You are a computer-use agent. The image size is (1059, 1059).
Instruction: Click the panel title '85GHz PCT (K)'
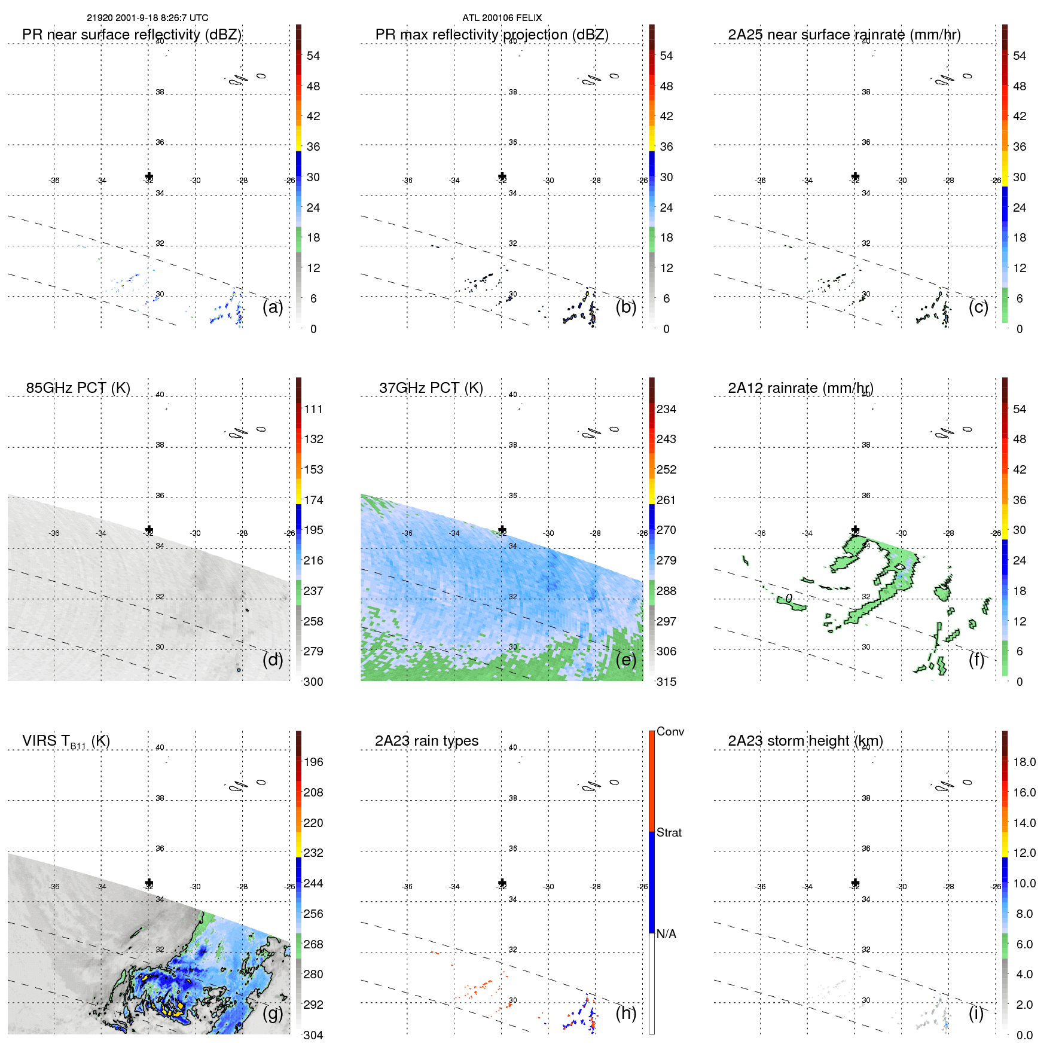pos(78,387)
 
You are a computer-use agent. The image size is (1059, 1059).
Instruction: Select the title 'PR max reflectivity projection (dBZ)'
pos(492,35)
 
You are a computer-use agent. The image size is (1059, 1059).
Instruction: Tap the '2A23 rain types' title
pos(426,741)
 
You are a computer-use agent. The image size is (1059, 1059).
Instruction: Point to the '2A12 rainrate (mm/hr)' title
pos(800,387)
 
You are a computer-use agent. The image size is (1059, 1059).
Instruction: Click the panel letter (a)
pos(273,307)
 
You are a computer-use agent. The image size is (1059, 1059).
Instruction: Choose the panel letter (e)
pos(625,660)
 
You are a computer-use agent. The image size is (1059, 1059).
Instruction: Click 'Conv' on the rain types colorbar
pos(670,731)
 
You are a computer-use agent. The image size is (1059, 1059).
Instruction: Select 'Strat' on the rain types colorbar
pos(669,832)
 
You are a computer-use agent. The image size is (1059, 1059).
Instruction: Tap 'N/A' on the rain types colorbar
pos(666,934)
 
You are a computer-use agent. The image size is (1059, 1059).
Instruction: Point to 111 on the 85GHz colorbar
pos(313,409)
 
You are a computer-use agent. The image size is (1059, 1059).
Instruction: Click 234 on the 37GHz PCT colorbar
pos(666,409)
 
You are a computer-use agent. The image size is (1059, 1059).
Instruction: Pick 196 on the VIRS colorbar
pos(313,762)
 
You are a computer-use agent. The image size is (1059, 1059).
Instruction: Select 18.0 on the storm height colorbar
pos(1024,762)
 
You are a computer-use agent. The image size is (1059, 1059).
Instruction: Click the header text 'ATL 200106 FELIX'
pos(502,18)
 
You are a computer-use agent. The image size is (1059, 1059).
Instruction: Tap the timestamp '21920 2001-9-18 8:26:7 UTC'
pos(148,18)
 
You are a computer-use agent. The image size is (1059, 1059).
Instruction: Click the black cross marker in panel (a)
pos(149,176)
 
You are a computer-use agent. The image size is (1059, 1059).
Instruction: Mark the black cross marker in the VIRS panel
pos(149,883)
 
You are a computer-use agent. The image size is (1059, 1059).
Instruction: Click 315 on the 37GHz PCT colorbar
pos(666,682)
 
